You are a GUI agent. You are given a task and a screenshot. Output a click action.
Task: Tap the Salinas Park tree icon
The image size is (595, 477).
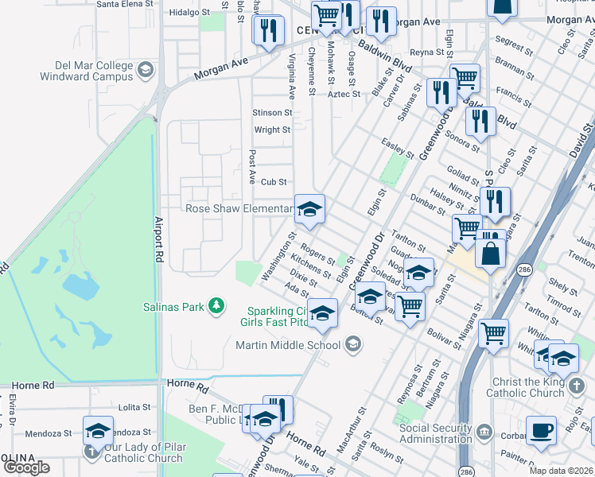click(x=215, y=305)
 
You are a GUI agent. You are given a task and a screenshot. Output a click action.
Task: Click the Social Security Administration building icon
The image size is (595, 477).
click(x=483, y=432)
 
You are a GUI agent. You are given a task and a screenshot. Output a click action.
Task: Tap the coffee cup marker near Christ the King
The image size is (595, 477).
click(x=543, y=430)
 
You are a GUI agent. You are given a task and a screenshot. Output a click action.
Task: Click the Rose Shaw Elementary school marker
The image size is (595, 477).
click(x=309, y=210)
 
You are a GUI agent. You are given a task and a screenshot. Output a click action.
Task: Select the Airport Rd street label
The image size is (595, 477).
click(x=159, y=241)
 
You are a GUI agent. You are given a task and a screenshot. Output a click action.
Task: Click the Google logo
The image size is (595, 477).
click(x=26, y=467)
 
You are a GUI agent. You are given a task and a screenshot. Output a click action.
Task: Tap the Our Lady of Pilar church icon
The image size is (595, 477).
click(x=91, y=452)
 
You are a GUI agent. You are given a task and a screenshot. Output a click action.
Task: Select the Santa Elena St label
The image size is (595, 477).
click(x=124, y=4)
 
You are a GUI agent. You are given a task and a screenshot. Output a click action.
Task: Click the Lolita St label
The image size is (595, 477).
click(x=134, y=407)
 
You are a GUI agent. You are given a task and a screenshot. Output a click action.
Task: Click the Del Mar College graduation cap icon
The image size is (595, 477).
click(x=146, y=70)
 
